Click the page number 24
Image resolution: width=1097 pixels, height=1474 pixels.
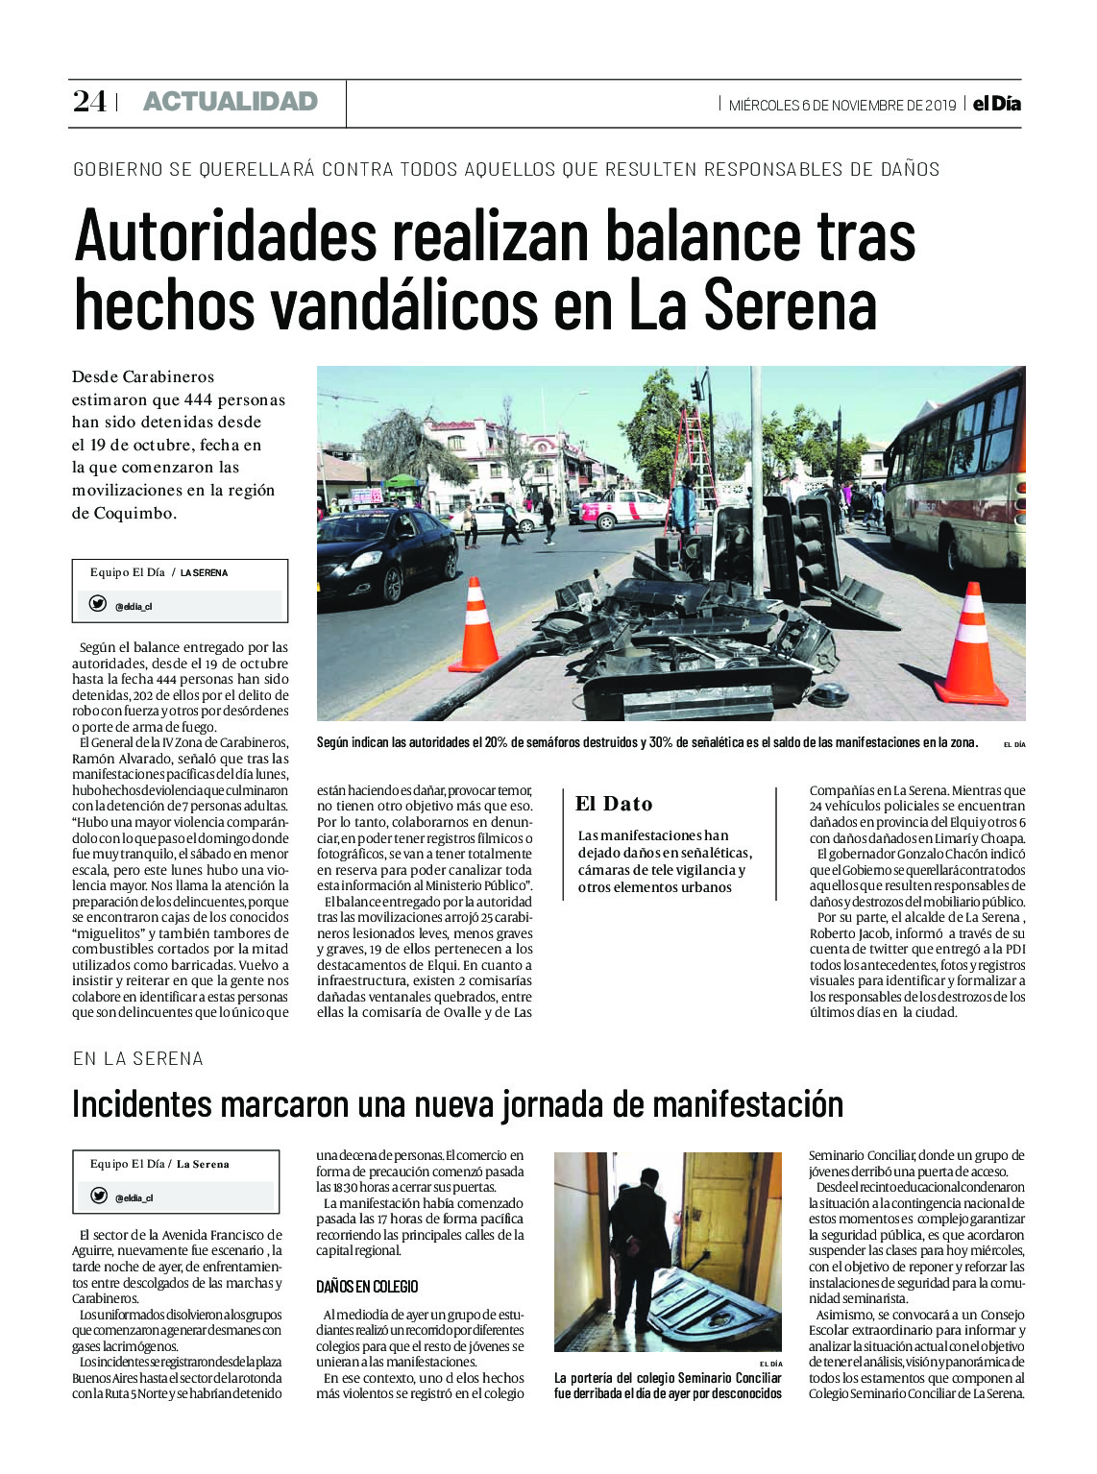89,102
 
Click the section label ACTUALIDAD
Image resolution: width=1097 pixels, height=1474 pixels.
230,102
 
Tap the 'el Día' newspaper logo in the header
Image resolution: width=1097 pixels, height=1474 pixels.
996,104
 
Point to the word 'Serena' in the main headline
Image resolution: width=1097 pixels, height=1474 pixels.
790,305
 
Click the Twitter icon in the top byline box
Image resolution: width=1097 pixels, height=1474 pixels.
97,604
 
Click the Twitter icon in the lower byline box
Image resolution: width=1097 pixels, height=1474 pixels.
98,1196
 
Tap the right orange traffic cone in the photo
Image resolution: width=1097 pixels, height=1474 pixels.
971,644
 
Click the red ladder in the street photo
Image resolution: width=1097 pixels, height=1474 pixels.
698,456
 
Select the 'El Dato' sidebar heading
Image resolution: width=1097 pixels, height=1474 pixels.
614,805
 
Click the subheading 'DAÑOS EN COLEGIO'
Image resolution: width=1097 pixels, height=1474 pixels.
367,1287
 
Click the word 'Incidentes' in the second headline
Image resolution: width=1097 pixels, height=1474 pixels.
141,1104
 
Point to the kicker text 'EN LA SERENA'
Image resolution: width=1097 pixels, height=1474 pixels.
138,1058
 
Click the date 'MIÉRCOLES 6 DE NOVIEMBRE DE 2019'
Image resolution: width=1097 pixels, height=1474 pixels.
842,105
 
